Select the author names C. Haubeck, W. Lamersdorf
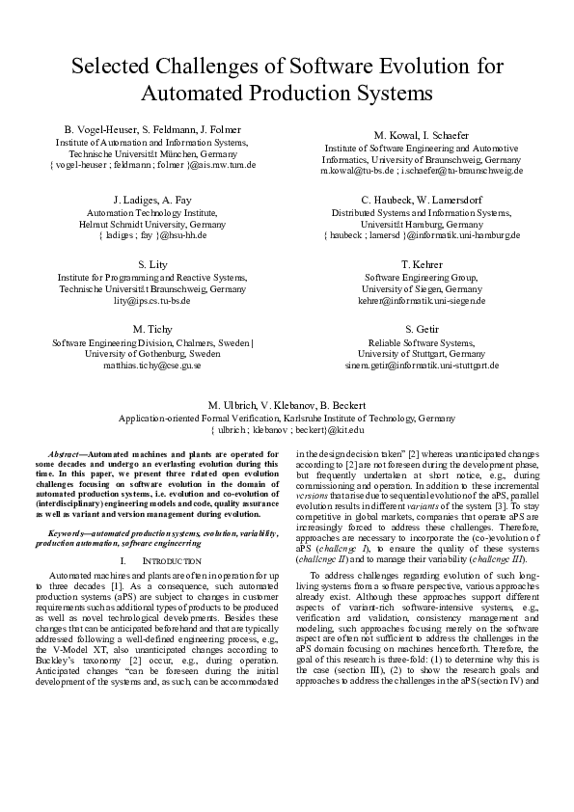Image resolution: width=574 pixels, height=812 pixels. click(x=421, y=199)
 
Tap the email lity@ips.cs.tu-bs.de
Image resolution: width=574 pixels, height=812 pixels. click(x=152, y=300)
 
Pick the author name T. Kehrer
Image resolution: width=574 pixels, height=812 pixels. click(x=421, y=264)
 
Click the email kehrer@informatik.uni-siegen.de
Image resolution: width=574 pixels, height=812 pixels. click(x=421, y=300)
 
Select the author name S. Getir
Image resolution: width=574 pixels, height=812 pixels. click(x=421, y=329)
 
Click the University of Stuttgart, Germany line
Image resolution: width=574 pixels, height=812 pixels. click(x=421, y=354)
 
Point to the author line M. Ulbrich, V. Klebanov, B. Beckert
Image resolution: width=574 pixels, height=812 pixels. click(x=287, y=405)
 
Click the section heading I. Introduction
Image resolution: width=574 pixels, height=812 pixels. click(x=152, y=559)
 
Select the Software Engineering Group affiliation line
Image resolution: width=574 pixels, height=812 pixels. click(x=421, y=277)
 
